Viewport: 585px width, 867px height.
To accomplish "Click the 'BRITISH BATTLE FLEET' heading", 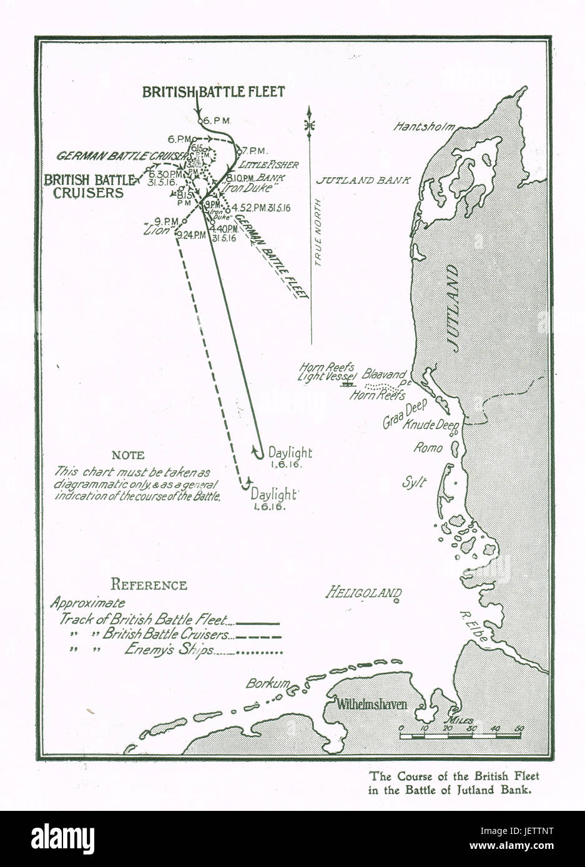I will point(214,92).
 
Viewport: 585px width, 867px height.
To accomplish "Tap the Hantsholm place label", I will point(421,127).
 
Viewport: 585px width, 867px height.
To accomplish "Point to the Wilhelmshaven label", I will point(372,705).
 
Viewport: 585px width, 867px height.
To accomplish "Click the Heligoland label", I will point(360,593).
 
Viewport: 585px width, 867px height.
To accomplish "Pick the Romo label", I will point(428,447).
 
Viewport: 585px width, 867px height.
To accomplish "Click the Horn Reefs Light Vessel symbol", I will point(345,385).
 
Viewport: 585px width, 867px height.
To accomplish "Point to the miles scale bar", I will point(460,736).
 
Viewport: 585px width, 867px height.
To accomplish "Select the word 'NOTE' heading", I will point(127,455).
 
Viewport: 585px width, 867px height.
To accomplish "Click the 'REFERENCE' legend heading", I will point(149,585).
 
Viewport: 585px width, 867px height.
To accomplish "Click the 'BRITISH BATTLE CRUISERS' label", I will point(89,186).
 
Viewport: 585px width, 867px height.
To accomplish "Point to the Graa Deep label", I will point(404,414).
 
